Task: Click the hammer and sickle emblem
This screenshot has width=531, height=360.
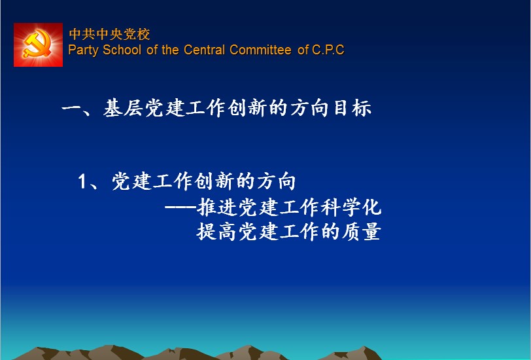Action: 38,45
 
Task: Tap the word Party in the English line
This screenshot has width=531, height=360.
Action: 83,50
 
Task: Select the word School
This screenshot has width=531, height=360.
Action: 122,50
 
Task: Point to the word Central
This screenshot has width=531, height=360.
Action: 204,50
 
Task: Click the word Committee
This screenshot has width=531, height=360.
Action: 260,50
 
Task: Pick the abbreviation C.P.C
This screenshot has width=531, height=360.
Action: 328,50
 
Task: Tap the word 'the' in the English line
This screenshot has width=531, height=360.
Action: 170,50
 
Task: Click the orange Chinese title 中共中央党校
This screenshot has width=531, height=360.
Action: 109,34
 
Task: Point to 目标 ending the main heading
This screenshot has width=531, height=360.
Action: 352,108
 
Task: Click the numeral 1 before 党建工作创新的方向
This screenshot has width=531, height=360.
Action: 82,181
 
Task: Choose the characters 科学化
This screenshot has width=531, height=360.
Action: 351,207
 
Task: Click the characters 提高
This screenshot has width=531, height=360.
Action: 216,232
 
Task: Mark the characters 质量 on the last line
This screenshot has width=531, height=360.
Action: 361,232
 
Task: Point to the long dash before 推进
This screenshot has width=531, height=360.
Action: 180,207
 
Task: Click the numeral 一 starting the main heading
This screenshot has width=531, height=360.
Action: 72,109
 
